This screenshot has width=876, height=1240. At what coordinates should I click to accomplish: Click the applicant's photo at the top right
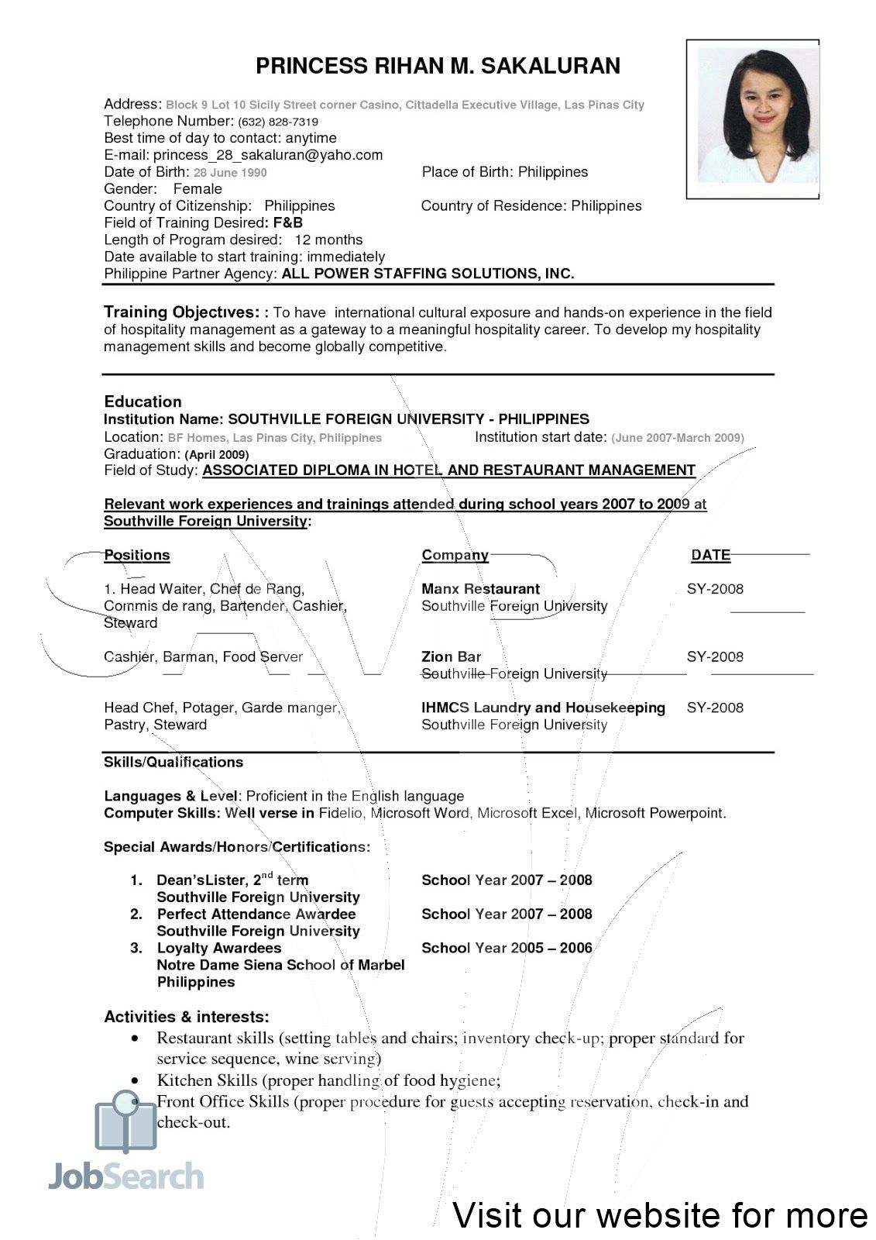753,119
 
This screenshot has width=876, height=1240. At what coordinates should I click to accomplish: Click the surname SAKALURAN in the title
551,67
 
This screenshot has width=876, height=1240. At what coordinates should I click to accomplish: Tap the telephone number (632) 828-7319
278,122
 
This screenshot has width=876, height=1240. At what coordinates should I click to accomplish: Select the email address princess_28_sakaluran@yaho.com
268,155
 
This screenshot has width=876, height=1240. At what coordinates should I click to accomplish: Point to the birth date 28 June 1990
230,173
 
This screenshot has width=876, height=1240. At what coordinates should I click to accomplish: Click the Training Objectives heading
181,312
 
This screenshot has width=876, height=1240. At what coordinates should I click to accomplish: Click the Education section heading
143,401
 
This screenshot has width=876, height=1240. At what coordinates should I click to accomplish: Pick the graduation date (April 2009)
216,455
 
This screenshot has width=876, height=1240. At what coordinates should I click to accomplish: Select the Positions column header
136,555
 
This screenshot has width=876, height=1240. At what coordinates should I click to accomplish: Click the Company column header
455,555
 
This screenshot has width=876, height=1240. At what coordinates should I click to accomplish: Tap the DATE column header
710,555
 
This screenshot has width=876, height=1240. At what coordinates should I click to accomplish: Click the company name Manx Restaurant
480,589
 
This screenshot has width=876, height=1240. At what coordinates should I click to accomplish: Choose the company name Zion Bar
451,657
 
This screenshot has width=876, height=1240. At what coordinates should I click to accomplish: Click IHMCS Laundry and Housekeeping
543,708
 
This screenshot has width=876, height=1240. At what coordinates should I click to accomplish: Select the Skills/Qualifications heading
173,762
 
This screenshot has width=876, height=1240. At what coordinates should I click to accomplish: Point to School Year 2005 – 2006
507,948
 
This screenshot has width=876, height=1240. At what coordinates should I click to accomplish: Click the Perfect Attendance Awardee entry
256,914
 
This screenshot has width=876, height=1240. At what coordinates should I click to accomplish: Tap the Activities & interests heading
187,1017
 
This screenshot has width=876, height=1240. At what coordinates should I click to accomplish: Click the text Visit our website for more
660,1214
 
